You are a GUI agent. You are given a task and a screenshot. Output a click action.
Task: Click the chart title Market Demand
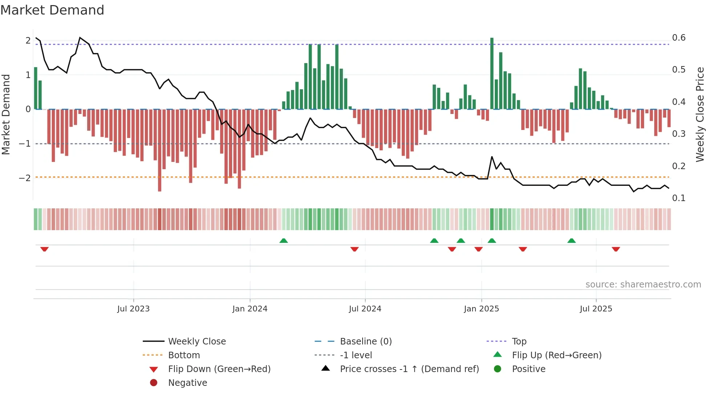52,10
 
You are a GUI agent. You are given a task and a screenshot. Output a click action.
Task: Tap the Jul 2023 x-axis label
133,309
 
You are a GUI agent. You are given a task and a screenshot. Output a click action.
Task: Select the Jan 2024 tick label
250,309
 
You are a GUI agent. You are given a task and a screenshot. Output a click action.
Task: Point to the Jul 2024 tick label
365,309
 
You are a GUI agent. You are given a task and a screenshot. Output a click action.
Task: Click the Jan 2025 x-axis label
481,309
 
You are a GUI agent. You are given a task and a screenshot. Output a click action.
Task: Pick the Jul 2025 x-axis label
596,309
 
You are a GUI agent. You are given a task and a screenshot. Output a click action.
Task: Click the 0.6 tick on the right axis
679,38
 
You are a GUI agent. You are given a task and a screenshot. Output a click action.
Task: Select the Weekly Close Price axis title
700,114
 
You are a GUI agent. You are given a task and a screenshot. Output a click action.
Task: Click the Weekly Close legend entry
197,342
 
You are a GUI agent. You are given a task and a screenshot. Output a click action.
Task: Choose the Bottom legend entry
184,355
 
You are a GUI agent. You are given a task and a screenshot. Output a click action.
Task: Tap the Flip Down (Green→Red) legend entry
219,369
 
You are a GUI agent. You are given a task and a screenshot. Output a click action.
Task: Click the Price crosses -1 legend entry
409,369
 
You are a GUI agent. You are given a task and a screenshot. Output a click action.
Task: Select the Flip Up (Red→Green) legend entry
557,355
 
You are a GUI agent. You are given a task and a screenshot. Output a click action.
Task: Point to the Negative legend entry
187,383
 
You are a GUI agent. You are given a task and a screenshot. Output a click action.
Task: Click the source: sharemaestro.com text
643,285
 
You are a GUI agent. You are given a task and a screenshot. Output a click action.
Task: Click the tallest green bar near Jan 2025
492,73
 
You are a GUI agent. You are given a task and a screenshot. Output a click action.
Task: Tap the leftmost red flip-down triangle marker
44,249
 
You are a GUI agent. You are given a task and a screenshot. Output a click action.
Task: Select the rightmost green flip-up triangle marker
571,241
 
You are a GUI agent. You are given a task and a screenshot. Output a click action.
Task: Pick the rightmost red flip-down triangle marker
616,249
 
